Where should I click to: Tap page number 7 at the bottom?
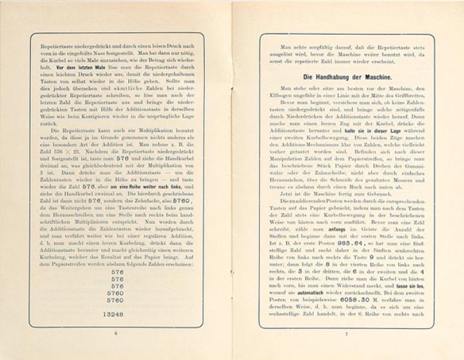(346, 334)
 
